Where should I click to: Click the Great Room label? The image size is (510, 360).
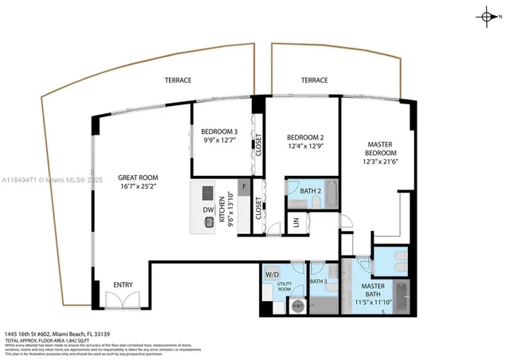coord(138,182)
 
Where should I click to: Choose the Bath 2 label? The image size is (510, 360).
coord(311,190)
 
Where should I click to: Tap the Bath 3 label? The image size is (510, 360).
coord(319,281)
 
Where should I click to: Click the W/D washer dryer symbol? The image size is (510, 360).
coord(272,275)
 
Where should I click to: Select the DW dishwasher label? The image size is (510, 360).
coord(208,210)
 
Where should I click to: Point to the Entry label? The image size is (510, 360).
coord(123,285)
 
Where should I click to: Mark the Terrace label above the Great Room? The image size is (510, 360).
coord(178,80)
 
